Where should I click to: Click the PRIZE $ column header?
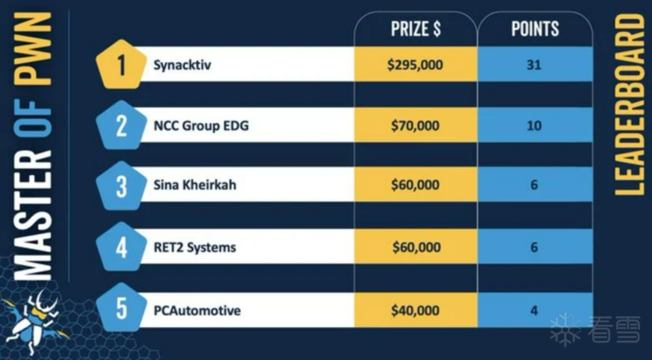(415, 29)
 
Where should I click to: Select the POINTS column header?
(535, 28)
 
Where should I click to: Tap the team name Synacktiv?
(182, 65)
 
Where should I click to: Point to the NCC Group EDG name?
(201, 125)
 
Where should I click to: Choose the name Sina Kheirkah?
(195, 185)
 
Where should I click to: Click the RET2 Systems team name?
(195, 247)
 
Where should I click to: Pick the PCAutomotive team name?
(197, 311)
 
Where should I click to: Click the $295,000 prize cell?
(415, 64)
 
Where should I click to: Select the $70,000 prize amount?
(415, 125)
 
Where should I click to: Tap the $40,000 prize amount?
(415, 311)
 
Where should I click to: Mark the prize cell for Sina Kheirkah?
(415, 185)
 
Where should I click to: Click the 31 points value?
(534, 65)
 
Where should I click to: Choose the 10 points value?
(534, 125)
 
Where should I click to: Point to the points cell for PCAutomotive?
(535, 310)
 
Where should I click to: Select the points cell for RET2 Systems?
(535, 247)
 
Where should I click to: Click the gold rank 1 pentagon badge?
(122, 65)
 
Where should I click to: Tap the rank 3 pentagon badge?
(122, 186)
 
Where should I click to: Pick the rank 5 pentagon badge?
(122, 307)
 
